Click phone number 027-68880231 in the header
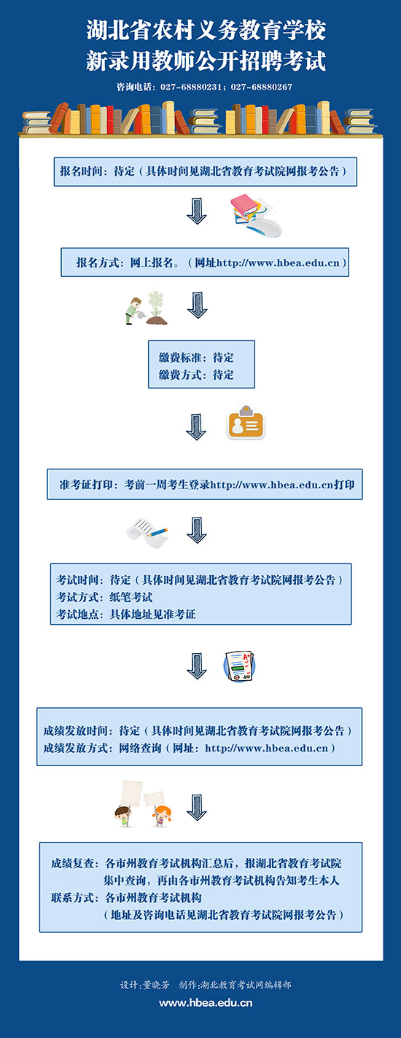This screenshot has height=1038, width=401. click(x=191, y=87)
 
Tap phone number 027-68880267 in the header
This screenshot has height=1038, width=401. click(x=262, y=87)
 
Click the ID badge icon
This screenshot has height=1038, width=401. click(x=246, y=423)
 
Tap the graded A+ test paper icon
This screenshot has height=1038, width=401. click(x=239, y=666)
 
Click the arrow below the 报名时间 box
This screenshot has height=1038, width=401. click(x=197, y=211)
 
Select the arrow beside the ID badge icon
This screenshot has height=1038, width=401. click(x=196, y=426)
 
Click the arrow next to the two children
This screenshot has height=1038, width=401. click(x=197, y=808)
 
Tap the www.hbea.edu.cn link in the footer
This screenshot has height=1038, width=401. click(x=206, y=1003)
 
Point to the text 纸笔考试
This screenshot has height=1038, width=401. click(x=131, y=597)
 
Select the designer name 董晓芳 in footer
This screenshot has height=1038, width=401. click(x=156, y=986)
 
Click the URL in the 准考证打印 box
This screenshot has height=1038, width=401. click(x=272, y=485)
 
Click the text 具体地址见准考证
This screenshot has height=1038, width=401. click(x=152, y=614)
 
